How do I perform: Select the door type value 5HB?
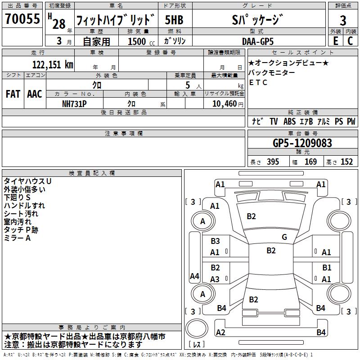(174, 20)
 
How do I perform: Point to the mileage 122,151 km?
(53, 64)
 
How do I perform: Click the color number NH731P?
(75, 103)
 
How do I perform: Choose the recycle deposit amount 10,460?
(224, 103)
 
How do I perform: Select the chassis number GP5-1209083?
(302, 143)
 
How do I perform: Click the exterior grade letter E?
(335, 41)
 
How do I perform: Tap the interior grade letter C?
(350, 41)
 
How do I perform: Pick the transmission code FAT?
(13, 94)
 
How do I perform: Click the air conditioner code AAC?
(35, 94)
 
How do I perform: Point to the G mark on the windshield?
(284, 237)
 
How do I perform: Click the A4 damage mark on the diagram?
(194, 276)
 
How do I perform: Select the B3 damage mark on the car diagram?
(215, 241)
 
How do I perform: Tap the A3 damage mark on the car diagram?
(215, 279)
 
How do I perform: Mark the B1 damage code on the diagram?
(327, 268)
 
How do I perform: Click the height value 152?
(346, 162)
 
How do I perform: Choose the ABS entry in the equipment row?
(290, 121)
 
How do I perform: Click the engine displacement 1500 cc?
(139, 41)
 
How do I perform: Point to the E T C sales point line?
(258, 82)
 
